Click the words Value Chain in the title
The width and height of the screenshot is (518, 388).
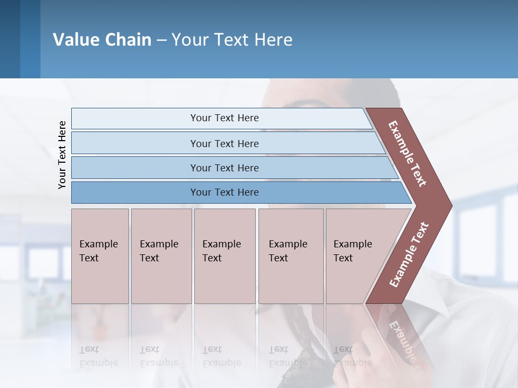click(x=102, y=39)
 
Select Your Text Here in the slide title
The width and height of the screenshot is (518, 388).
click(x=232, y=39)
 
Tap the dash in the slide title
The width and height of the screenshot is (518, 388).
click(x=161, y=40)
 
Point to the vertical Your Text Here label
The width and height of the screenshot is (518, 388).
click(x=62, y=155)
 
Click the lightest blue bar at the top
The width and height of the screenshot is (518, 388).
click(x=224, y=118)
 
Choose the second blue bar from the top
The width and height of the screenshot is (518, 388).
click(x=224, y=143)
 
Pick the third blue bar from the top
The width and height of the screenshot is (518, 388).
click(x=224, y=168)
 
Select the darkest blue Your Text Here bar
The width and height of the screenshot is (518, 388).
click(x=224, y=192)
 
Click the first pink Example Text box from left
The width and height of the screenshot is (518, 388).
click(x=100, y=256)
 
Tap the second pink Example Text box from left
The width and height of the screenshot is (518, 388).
click(x=161, y=256)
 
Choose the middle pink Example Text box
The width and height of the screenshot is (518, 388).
click(x=224, y=256)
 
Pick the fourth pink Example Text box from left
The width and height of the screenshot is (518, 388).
click(x=290, y=256)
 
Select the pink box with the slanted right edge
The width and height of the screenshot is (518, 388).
click(x=359, y=256)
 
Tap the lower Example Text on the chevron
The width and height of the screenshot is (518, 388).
click(x=409, y=254)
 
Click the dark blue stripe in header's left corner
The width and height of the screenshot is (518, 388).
click(x=10, y=39)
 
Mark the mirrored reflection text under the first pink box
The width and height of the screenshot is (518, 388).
click(x=99, y=356)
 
